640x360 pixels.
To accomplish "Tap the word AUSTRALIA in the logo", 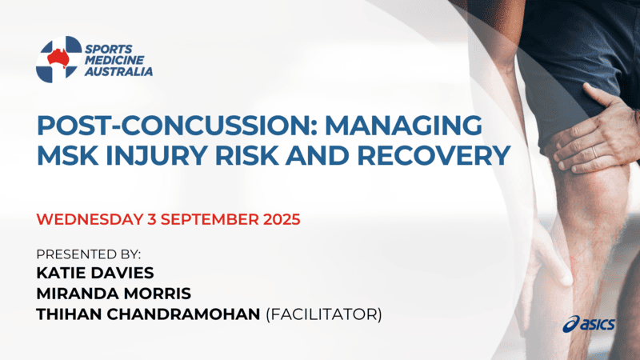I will (119, 71).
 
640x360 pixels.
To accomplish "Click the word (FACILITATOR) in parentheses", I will (323, 314).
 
